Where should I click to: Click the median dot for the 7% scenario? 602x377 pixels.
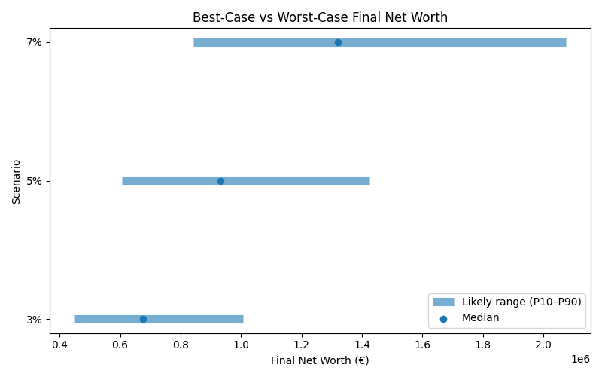[338, 42]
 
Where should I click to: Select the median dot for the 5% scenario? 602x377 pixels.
[220, 181]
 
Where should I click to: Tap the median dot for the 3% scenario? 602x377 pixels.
[143, 319]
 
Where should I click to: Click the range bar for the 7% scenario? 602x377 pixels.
[451, 42]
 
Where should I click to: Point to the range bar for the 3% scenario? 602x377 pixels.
[196, 319]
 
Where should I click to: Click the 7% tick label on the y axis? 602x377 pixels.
[34, 42]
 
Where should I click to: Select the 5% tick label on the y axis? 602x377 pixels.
[34, 181]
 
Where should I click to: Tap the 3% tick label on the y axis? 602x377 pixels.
[34, 319]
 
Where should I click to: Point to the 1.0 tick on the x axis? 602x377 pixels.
[241, 345]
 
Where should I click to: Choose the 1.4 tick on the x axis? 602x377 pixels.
[362, 345]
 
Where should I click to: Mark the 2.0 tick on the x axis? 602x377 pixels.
[543, 345]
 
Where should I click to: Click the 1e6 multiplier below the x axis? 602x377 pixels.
[580, 358]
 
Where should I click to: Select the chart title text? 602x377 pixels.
[320, 17]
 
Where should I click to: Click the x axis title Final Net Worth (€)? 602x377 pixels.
[320, 360]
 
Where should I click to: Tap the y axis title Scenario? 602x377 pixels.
[16, 181]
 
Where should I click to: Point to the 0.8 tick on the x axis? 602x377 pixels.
[181, 345]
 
